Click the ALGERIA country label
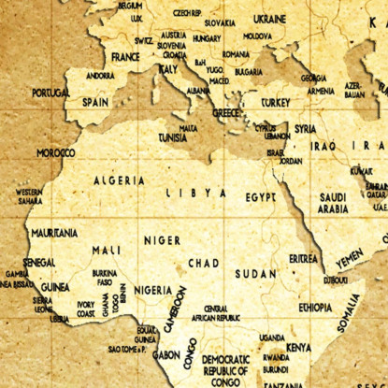(119, 180)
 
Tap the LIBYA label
(196, 193)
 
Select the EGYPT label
(261, 198)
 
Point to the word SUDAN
(255, 274)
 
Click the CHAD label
(203, 264)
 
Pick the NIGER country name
(162, 240)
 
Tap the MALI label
(106, 251)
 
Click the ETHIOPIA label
(315, 307)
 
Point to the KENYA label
(298, 347)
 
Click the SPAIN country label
(94, 102)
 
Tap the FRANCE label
(125, 57)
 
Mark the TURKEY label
(276, 102)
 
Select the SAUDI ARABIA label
(334, 203)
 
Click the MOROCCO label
(56, 151)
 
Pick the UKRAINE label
(269, 19)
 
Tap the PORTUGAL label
(50, 93)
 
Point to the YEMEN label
(350, 255)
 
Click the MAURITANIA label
(54, 232)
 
